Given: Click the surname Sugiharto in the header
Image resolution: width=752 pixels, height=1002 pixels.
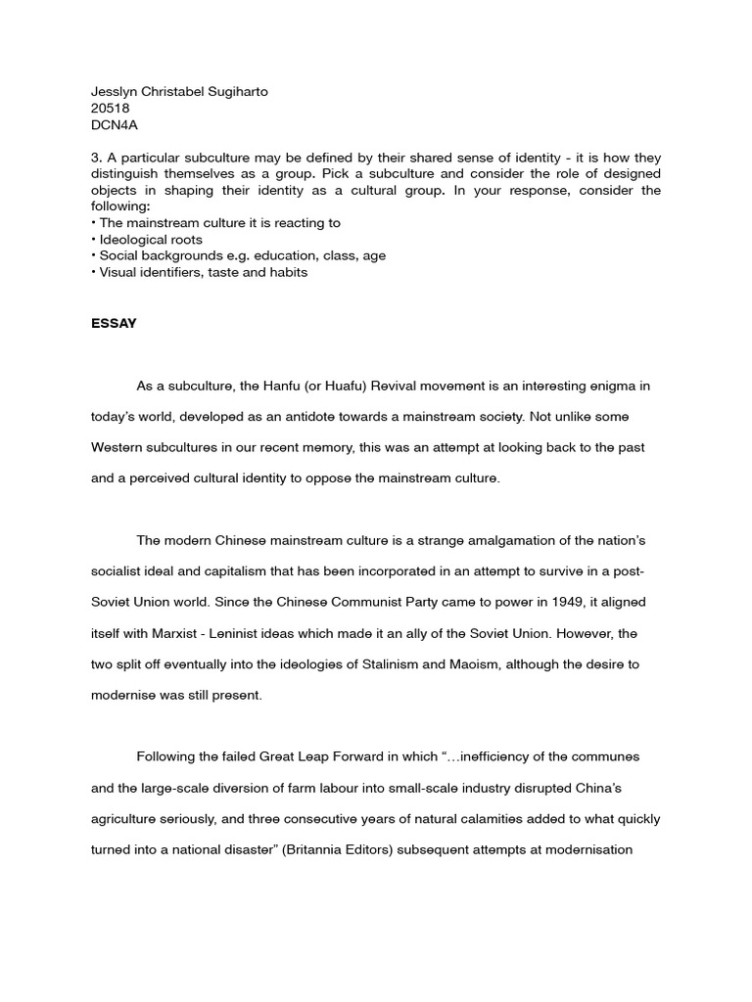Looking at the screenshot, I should pos(235,92).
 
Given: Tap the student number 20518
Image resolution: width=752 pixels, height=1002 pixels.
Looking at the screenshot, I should pos(110,108).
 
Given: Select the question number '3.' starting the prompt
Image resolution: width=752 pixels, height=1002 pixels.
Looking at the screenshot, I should pos(96,158).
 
